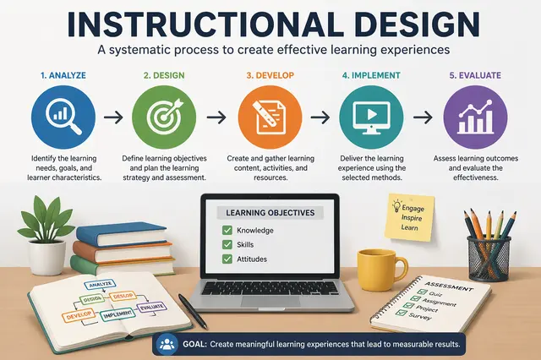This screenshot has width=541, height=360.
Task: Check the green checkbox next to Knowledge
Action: point(226,229)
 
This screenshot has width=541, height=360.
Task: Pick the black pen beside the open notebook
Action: point(193,312)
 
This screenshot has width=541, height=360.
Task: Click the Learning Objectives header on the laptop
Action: point(270,212)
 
